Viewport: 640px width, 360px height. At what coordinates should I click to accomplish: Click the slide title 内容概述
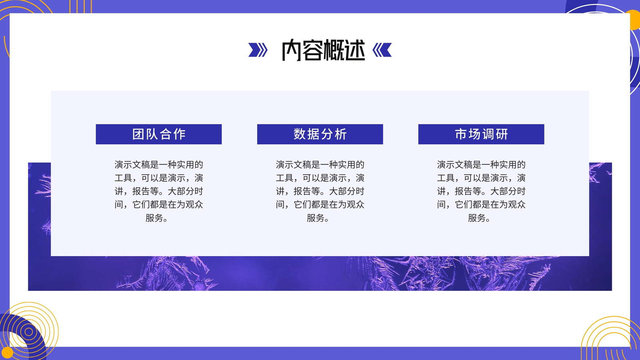click(324, 50)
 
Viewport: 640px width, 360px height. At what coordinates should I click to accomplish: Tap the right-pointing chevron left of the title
click(258, 50)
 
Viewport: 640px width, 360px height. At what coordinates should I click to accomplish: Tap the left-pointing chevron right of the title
click(382, 50)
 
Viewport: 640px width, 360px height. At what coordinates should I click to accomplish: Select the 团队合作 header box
click(158, 134)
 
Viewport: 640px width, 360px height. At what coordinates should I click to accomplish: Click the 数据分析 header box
click(320, 134)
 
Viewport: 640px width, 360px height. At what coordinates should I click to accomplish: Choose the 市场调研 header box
click(481, 134)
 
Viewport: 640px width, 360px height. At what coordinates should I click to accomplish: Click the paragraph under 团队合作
click(158, 191)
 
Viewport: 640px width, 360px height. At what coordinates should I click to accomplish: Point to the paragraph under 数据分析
click(320, 191)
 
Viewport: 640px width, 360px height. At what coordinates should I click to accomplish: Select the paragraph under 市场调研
click(481, 191)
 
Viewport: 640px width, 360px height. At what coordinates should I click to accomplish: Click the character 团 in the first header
click(138, 134)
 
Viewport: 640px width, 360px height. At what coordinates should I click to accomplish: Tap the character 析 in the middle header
click(341, 134)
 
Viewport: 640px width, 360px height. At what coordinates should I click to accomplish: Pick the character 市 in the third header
click(460, 134)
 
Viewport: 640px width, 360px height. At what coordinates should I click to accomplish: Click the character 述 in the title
click(355, 50)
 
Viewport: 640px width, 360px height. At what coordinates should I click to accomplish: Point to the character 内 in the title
click(292, 50)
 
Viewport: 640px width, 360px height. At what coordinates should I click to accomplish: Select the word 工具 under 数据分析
click(284, 178)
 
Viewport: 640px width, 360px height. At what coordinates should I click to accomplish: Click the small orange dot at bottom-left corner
click(7, 352)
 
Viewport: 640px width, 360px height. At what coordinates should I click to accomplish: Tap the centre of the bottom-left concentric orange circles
click(28, 332)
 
